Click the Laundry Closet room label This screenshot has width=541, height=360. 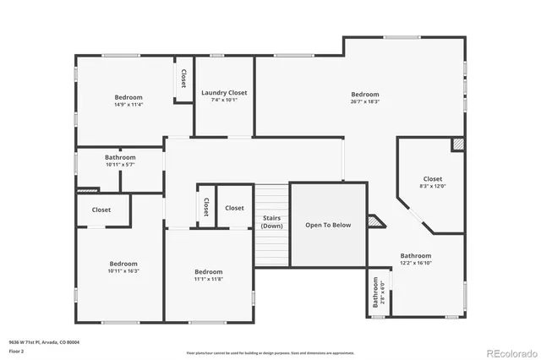(x=224, y=92)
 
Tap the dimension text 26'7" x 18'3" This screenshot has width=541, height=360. (x=365, y=101)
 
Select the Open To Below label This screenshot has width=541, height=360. (x=328, y=226)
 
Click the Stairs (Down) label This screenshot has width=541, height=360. (x=271, y=222)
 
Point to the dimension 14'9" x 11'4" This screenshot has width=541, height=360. (x=128, y=105)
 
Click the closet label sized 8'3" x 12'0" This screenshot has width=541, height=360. (x=432, y=186)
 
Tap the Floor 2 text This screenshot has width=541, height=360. (x=16, y=350)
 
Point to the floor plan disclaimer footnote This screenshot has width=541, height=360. (x=270, y=352)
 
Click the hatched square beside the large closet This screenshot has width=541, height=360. (x=458, y=145)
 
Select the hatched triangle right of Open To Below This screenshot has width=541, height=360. (x=374, y=221)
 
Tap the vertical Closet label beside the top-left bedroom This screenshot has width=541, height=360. (x=183, y=79)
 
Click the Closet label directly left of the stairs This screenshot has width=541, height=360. (x=234, y=208)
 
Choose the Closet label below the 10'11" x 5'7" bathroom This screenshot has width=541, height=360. (x=101, y=210)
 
